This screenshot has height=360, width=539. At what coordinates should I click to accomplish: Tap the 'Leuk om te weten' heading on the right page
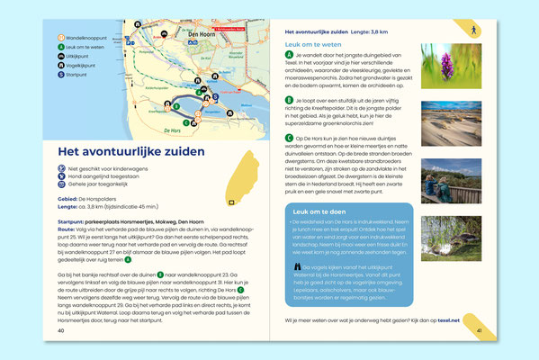tap(312, 42)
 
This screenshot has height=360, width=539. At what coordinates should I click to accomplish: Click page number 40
tap(60, 329)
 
